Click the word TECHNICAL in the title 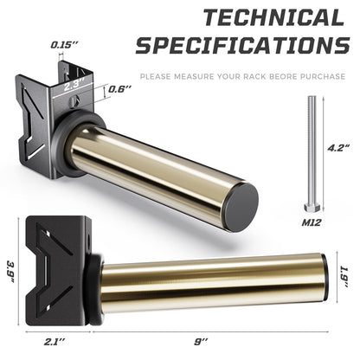(273, 18)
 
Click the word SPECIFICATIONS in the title (242, 45)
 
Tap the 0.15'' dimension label (65, 45)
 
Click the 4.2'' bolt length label (338, 148)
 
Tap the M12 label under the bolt (312, 222)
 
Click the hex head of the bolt (312, 207)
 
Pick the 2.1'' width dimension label (55, 343)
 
